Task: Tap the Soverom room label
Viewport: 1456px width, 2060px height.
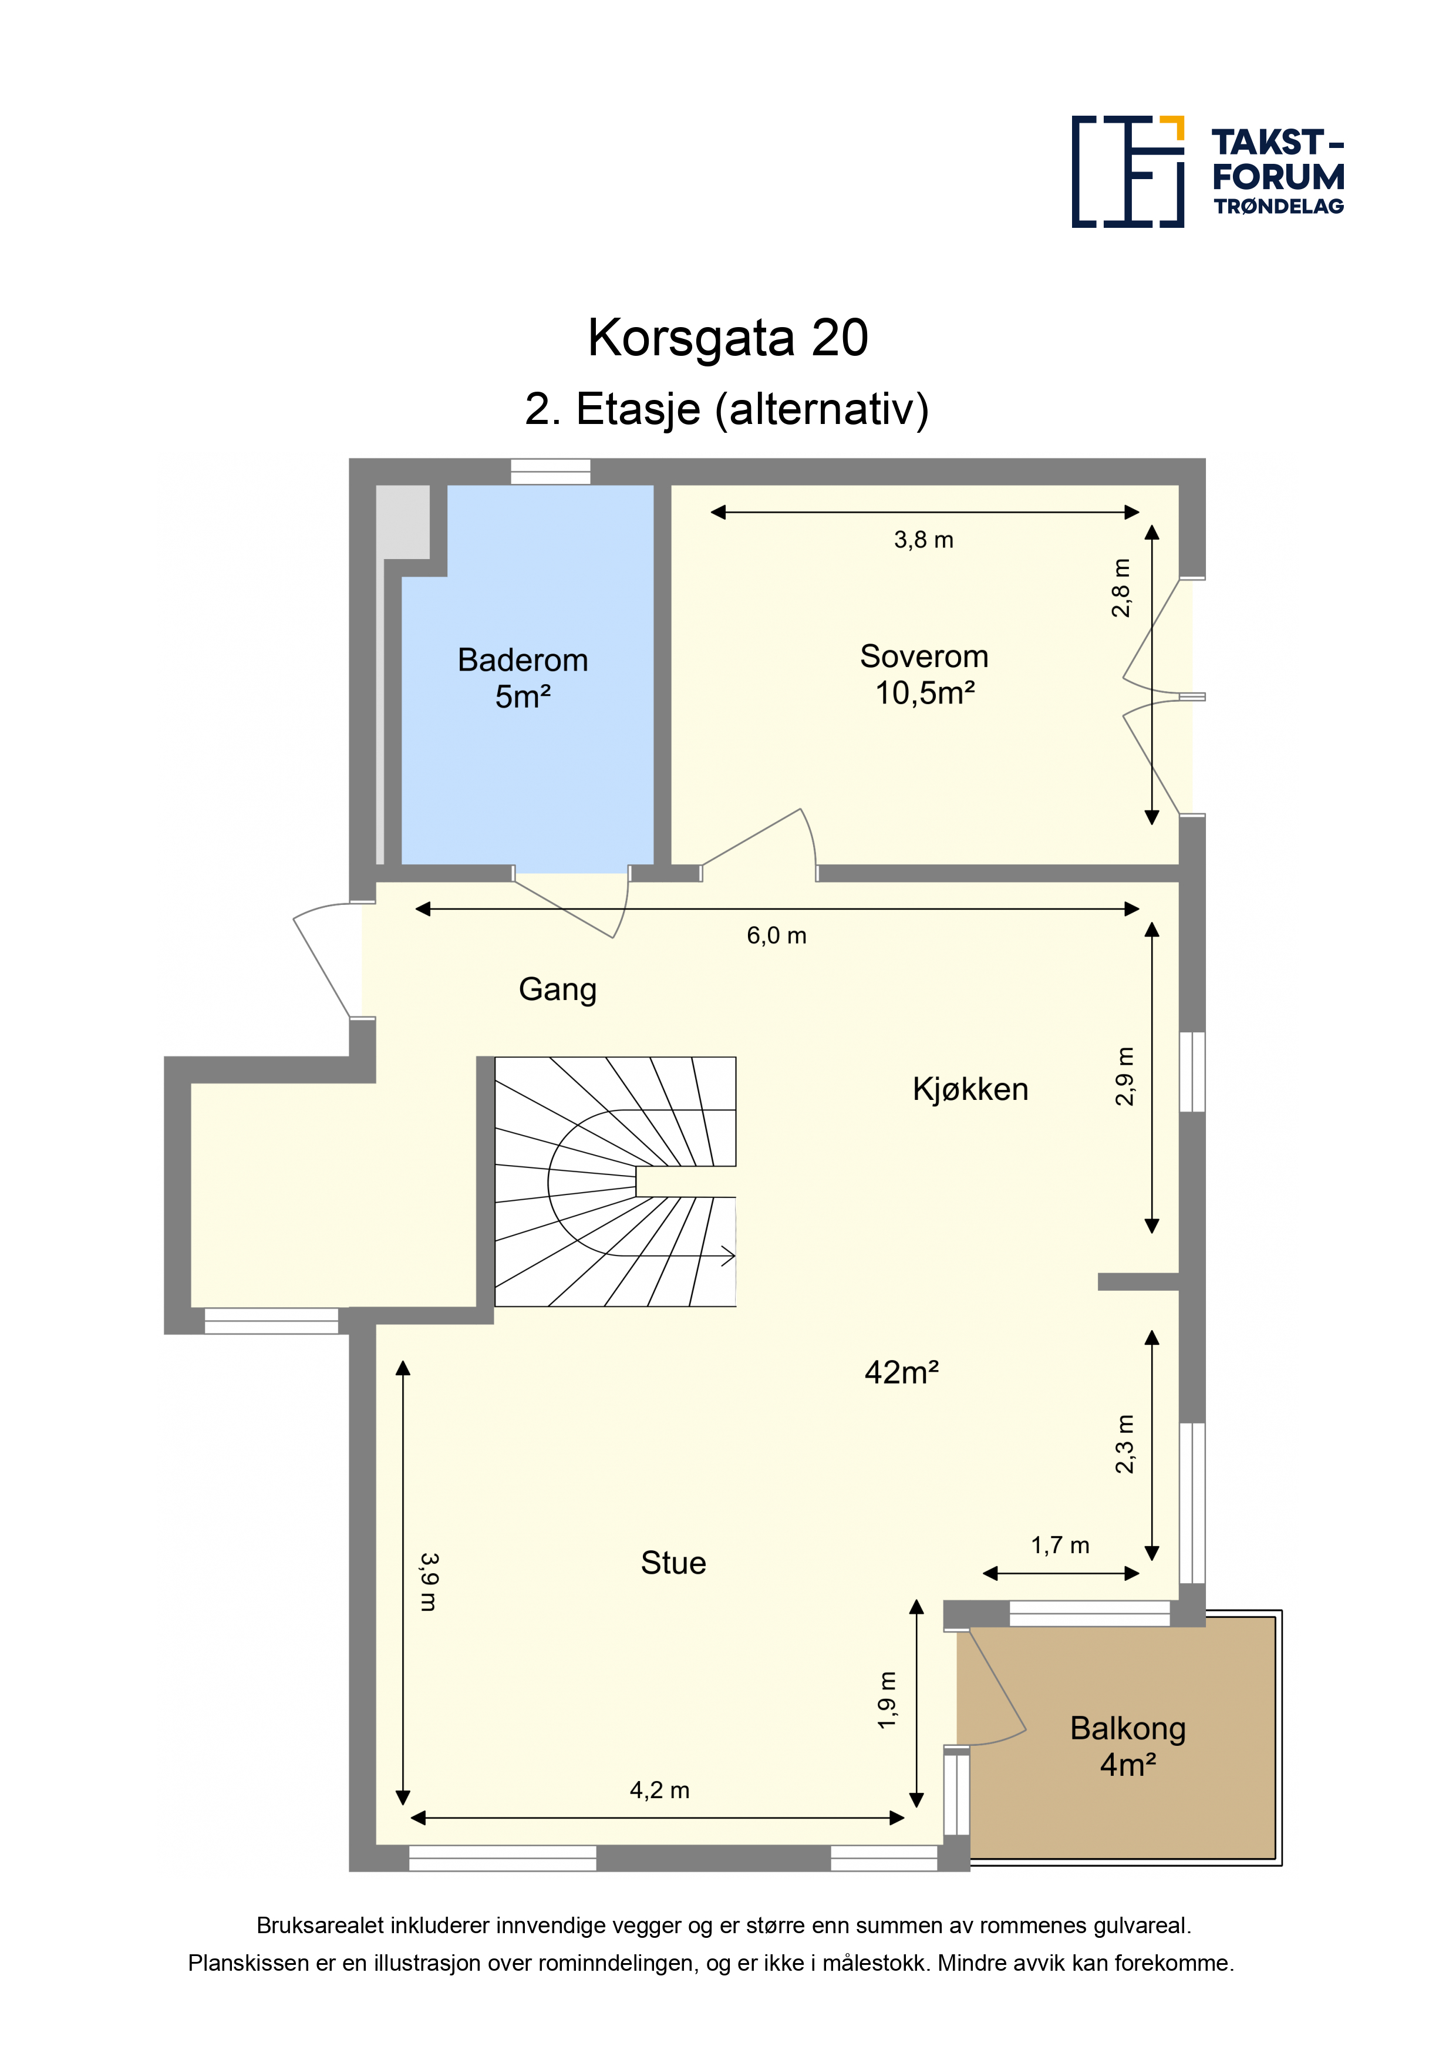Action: [x=924, y=657]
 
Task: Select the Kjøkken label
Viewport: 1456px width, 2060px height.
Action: [x=970, y=1089]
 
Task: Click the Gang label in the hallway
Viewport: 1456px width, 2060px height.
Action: [x=557, y=989]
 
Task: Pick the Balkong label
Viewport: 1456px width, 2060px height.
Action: [x=1128, y=1729]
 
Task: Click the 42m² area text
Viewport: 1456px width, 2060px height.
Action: [x=902, y=1373]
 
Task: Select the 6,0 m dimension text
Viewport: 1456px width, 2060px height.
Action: [x=776, y=936]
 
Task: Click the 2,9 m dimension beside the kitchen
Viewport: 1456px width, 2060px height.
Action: [x=1124, y=1076]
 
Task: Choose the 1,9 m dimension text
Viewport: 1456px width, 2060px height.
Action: [x=887, y=1700]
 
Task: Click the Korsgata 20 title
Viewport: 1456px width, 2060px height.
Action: [x=727, y=338]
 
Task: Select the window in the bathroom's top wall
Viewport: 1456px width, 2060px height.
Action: [x=550, y=472]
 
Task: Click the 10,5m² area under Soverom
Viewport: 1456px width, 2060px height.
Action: [x=925, y=694]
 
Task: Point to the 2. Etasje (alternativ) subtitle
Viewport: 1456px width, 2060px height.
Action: [x=727, y=410]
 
